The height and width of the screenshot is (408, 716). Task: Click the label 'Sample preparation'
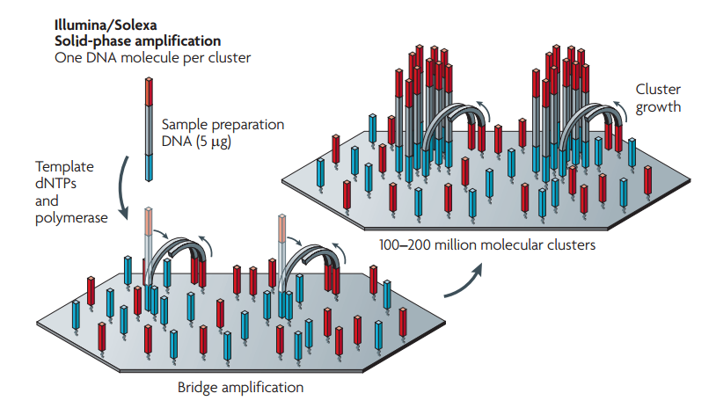point(223,125)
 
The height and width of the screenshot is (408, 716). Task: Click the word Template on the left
point(64,166)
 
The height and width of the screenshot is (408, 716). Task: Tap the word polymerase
point(71,216)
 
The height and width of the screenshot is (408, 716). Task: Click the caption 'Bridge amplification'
point(240,387)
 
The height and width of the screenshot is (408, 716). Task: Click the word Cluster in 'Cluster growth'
point(657,90)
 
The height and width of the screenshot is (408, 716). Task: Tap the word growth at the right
point(657,106)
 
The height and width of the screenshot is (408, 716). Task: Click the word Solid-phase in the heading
point(88,40)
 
